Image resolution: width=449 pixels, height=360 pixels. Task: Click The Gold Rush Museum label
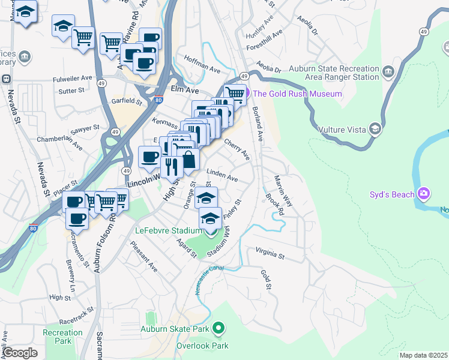[x=297, y=94]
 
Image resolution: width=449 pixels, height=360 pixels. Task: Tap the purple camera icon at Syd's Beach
[x=424, y=193]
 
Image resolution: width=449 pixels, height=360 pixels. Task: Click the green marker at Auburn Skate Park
[x=218, y=328]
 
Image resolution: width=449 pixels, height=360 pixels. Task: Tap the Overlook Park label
[x=202, y=346]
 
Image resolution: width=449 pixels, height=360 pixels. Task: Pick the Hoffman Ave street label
[x=202, y=69]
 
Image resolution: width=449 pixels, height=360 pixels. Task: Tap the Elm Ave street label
[x=184, y=89]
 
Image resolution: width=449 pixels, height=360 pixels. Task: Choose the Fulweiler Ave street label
[x=72, y=78]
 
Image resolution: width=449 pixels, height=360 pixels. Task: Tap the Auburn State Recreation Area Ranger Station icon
[x=388, y=73]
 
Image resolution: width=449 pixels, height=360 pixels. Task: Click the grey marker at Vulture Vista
[x=375, y=128]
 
